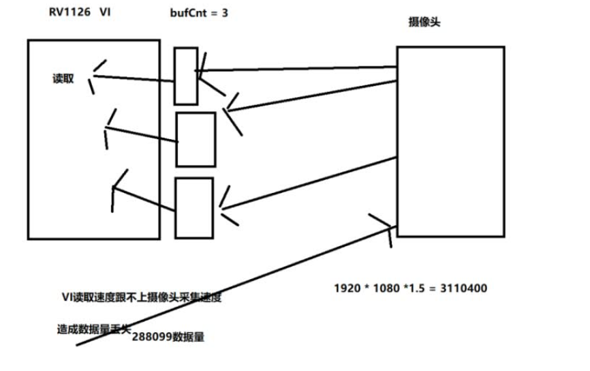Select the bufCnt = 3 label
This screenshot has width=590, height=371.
pyautogui.click(x=198, y=14)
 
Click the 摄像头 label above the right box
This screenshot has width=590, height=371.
pyautogui.click(x=423, y=23)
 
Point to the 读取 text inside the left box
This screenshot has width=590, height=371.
pyautogui.click(x=63, y=78)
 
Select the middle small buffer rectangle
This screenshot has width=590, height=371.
pyautogui.click(x=196, y=139)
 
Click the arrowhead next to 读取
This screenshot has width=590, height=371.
pyautogui.click(x=93, y=74)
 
